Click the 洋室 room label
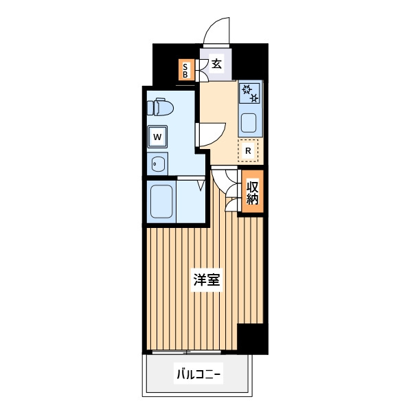(207, 279)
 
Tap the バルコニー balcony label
(198, 374)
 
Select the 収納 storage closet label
(253, 192)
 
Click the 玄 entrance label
(217, 64)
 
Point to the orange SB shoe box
(186, 69)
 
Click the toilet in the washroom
(160, 106)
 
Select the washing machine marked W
(157, 137)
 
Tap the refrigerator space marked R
(248, 150)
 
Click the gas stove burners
(250, 93)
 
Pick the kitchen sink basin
(249, 123)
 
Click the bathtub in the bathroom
(161, 201)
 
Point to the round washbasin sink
(158, 164)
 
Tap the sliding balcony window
(187, 352)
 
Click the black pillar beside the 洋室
(252, 339)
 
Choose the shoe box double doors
(202, 70)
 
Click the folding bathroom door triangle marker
(201, 185)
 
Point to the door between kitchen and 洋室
(224, 181)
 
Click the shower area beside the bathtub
(191, 201)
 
